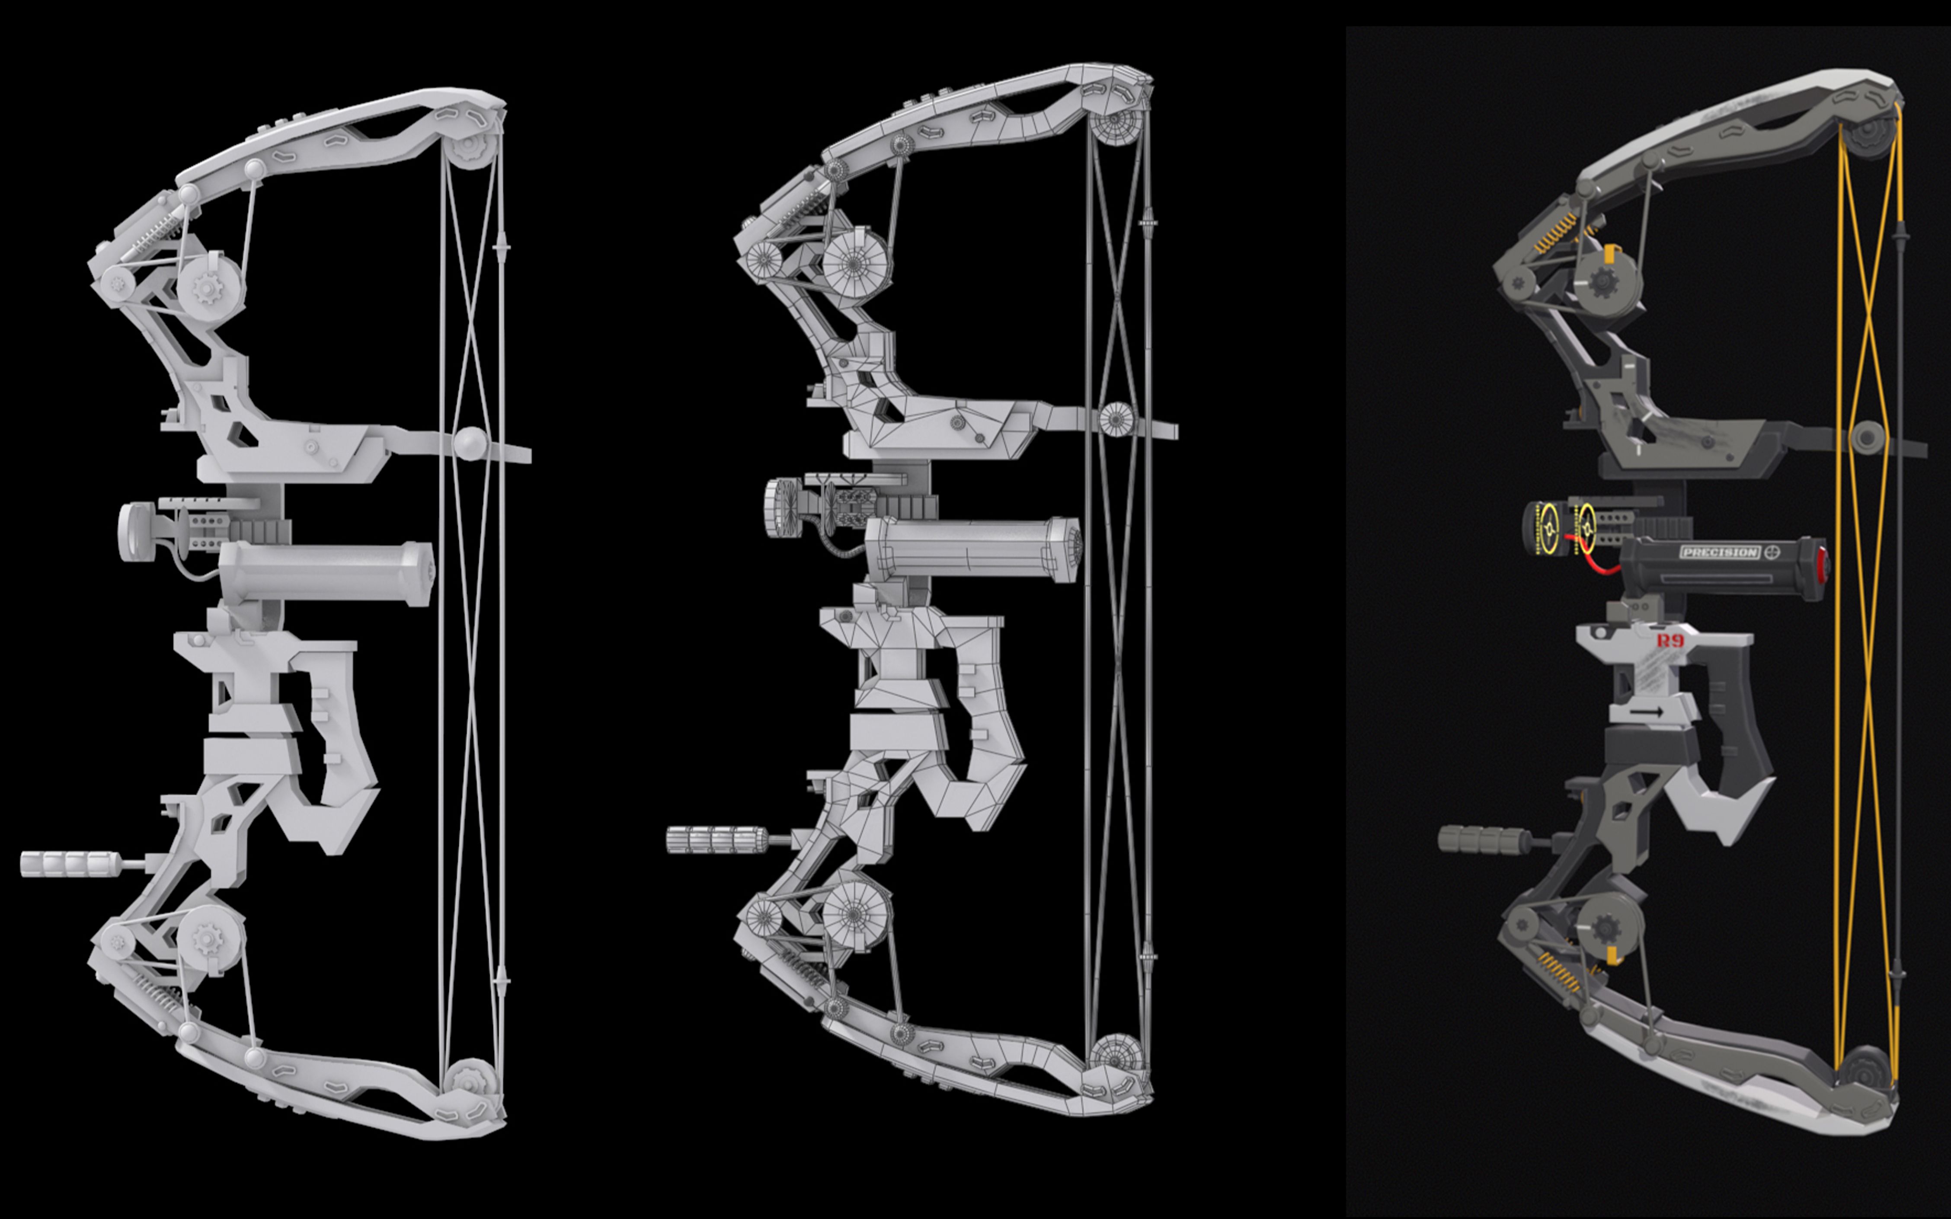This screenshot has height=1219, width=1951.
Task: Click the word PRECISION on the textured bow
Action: point(1719,552)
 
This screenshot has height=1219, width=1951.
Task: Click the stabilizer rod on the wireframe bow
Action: point(717,839)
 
